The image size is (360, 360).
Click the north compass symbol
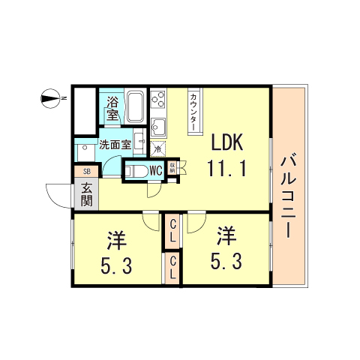click(x=51, y=97)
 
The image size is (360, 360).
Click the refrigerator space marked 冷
click(x=157, y=148)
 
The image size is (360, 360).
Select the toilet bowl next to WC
click(x=135, y=171)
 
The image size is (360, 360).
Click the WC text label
click(x=155, y=171)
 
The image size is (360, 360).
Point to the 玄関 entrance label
click(x=86, y=195)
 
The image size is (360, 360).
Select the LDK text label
click(x=226, y=142)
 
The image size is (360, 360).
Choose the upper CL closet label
click(x=172, y=229)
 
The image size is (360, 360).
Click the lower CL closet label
click(x=172, y=268)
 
